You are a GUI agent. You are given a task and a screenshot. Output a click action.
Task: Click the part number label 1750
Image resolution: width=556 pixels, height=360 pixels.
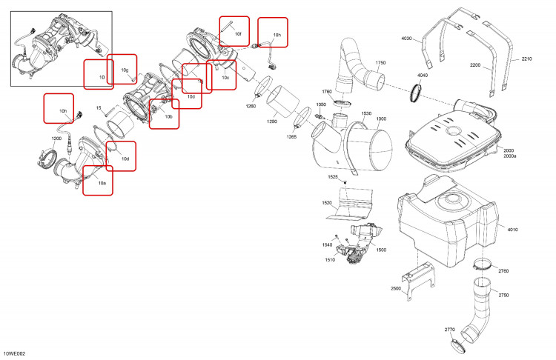pyautogui.click(x=380, y=63)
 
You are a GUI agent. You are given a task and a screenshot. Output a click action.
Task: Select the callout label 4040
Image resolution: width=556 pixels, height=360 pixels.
pyautogui.click(x=423, y=75)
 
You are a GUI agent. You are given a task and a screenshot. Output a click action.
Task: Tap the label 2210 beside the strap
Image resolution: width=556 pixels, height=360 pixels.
pyautogui.click(x=526, y=59)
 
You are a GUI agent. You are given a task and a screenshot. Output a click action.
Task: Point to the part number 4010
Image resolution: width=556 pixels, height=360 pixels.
pyautogui.click(x=513, y=230)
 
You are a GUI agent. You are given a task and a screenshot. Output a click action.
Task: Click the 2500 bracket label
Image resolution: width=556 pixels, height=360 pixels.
pyautogui.click(x=396, y=288)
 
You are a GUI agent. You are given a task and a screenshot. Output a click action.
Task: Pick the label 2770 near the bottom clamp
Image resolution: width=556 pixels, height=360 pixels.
pyautogui.click(x=450, y=330)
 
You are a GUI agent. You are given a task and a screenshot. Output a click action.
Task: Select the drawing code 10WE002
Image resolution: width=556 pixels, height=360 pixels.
pyautogui.click(x=15, y=353)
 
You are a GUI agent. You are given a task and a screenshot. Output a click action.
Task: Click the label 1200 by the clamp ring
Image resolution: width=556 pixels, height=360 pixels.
pyautogui.click(x=57, y=139)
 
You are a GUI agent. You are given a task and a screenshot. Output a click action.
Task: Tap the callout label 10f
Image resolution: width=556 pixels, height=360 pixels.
pyautogui.click(x=238, y=34)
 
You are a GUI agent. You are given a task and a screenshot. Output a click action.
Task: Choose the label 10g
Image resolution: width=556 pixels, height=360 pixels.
pyautogui.click(x=125, y=70)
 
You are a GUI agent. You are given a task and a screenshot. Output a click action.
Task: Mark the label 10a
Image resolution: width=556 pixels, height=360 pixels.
pyautogui.click(x=102, y=183)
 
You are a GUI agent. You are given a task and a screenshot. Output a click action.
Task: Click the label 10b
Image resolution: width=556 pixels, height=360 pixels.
pyautogui.click(x=168, y=116)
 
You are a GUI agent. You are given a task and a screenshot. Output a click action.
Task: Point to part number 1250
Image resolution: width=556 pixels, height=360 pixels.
pyautogui.click(x=272, y=121)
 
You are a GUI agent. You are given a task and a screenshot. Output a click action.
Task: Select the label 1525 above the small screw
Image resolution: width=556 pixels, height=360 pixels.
pyautogui.click(x=333, y=177)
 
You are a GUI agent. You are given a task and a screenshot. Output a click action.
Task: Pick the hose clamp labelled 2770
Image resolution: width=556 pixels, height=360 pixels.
pyautogui.click(x=458, y=346)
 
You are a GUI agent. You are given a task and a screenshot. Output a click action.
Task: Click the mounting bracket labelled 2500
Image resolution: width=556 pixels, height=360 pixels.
pyautogui.click(x=417, y=280)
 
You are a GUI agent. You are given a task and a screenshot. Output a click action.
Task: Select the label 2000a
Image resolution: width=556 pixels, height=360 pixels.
pyautogui.click(x=510, y=156)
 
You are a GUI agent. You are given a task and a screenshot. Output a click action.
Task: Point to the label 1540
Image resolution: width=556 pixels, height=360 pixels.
pyautogui.click(x=327, y=245)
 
